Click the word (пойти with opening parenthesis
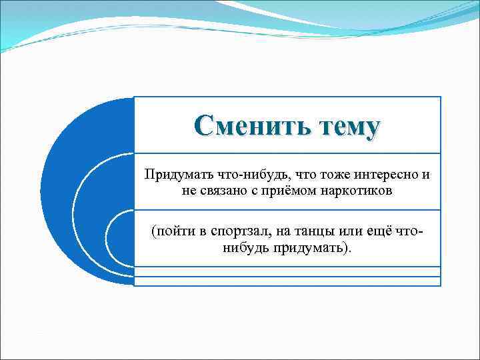[171, 231]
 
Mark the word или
[352, 231]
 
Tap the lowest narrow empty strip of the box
[287, 281]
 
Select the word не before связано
[189, 191]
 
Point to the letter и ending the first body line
[425, 175]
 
